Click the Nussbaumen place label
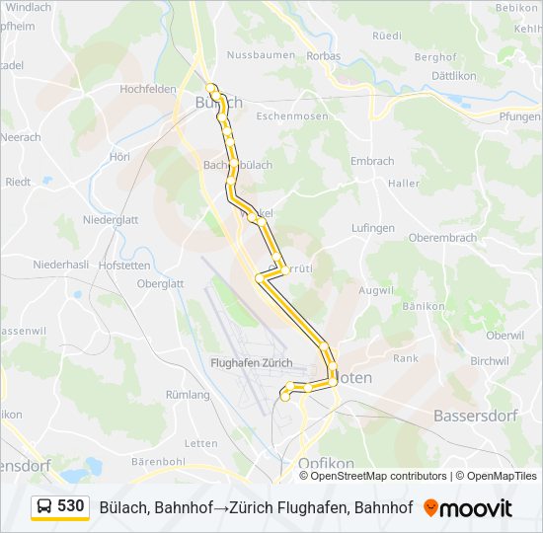pyautogui.click(x=261, y=55)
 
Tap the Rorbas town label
pyautogui.click(x=323, y=55)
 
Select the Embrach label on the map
pyautogui.click(x=372, y=161)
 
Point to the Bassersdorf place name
pyautogui.click(x=476, y=416)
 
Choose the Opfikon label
pyautogui.click(x=326, y=463)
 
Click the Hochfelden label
pyautogui.click(x=147, y=88)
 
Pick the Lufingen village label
pyautogui.click(x=372, y=228)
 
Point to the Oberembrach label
pyautogui.click(x=442, y=238)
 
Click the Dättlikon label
pyautogui.click(x=454, y=76)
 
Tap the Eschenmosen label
pyautogui.click(x=292, y=115)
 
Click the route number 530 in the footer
pyautogui.click(x=71, y=506)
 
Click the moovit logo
pyautogui.click(x=468, y=508)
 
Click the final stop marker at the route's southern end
pyautogui.click(x=285, y=397)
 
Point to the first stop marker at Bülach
pyautogui.click(x=211, y=87)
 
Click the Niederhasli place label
pyautogui.click(x=61, y=265)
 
